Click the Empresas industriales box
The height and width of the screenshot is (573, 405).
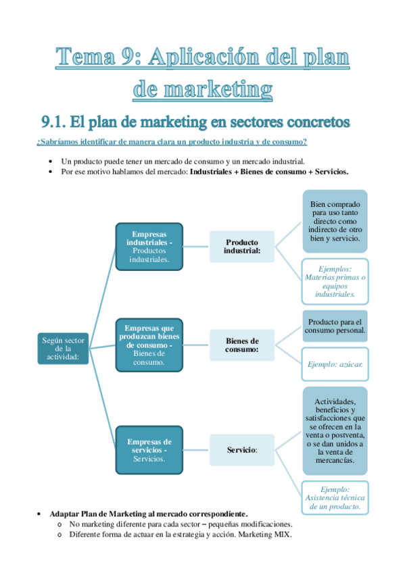pos(149,247)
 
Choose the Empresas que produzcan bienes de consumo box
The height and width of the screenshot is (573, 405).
pos(149,344)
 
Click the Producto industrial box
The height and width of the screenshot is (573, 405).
pos(242,247)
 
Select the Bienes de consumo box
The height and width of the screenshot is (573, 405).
pos(242,346)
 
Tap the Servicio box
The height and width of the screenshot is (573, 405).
pos(242,449)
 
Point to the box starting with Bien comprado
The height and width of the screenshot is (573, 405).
pos(335,222)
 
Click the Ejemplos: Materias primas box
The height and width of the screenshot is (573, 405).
pos(335,281)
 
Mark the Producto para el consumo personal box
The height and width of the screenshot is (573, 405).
pos(335,326)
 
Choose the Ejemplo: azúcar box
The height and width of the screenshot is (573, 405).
pos(335,364)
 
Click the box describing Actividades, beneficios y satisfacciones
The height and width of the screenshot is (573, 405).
pos(335,430)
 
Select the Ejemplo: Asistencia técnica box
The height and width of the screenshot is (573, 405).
pos(335,497)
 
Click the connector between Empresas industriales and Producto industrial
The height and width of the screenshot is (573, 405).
pos(196,247)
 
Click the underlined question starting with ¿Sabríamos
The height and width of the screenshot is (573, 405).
pos(172,142)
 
